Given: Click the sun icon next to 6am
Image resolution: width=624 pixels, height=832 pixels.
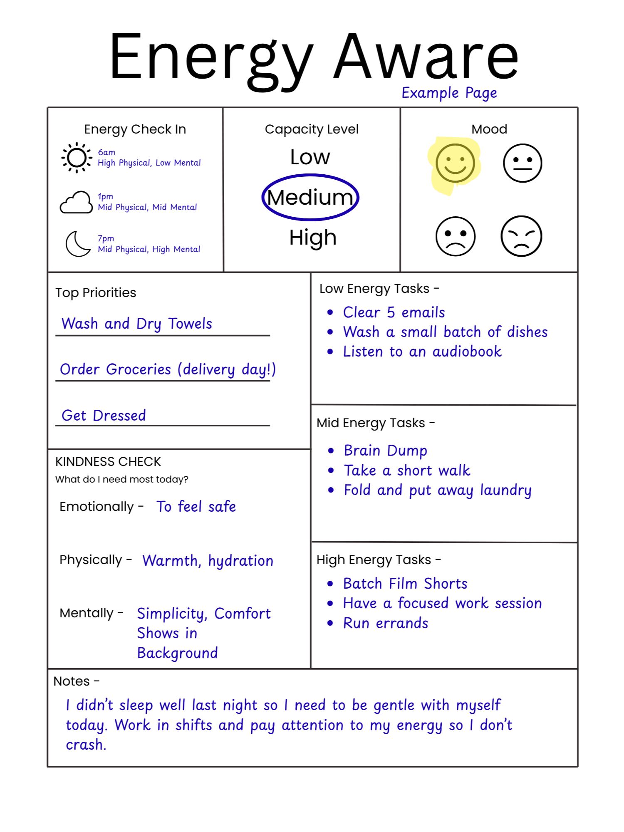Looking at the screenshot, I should click(77, 158).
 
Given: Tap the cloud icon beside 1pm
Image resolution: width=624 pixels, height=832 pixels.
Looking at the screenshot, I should click(77, 203).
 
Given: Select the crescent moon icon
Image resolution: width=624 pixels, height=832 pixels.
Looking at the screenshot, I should click(77, 244).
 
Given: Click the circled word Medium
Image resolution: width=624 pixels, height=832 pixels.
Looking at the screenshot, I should click(310, 197).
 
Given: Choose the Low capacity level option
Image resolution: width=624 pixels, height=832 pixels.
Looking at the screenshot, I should click(310, 157).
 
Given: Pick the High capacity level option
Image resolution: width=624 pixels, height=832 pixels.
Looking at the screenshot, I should click(313, 238).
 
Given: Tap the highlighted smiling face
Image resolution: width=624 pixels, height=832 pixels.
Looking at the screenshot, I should click(455, 163).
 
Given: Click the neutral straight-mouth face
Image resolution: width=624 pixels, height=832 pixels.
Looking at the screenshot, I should click(522, 163).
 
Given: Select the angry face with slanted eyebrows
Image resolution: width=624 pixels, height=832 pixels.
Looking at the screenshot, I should click(521, 236).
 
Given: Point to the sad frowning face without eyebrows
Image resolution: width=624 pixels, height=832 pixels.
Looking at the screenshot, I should click(456, 236).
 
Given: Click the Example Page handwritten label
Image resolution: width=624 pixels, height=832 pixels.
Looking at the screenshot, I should click(449, 93).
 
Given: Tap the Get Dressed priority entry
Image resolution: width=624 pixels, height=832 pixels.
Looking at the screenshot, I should click(104, 415).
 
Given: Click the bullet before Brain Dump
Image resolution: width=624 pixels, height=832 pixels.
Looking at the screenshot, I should click(331, 451).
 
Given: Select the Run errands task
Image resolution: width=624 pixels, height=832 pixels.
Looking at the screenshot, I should click(386, 623).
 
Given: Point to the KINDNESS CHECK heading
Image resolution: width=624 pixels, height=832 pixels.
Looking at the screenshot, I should click(108, 462).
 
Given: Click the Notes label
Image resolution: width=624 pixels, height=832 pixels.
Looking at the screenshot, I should click(72, 681).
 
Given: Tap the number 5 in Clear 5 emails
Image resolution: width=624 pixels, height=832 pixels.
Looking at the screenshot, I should click(391, 312).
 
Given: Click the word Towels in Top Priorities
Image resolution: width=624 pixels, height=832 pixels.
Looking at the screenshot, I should click(190, 324).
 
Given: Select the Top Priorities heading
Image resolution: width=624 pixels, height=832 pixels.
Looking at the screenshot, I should click(96, 293).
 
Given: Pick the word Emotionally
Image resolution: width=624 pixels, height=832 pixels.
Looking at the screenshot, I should click(97, 507).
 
